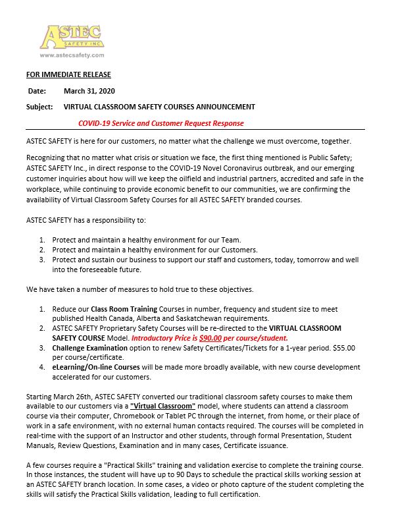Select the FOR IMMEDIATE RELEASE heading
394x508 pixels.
(x=68, y=74)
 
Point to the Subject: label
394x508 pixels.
(x=40, y=107)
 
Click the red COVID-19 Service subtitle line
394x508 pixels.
(x=160, y=123)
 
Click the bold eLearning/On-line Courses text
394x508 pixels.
(x=96, y=368)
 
